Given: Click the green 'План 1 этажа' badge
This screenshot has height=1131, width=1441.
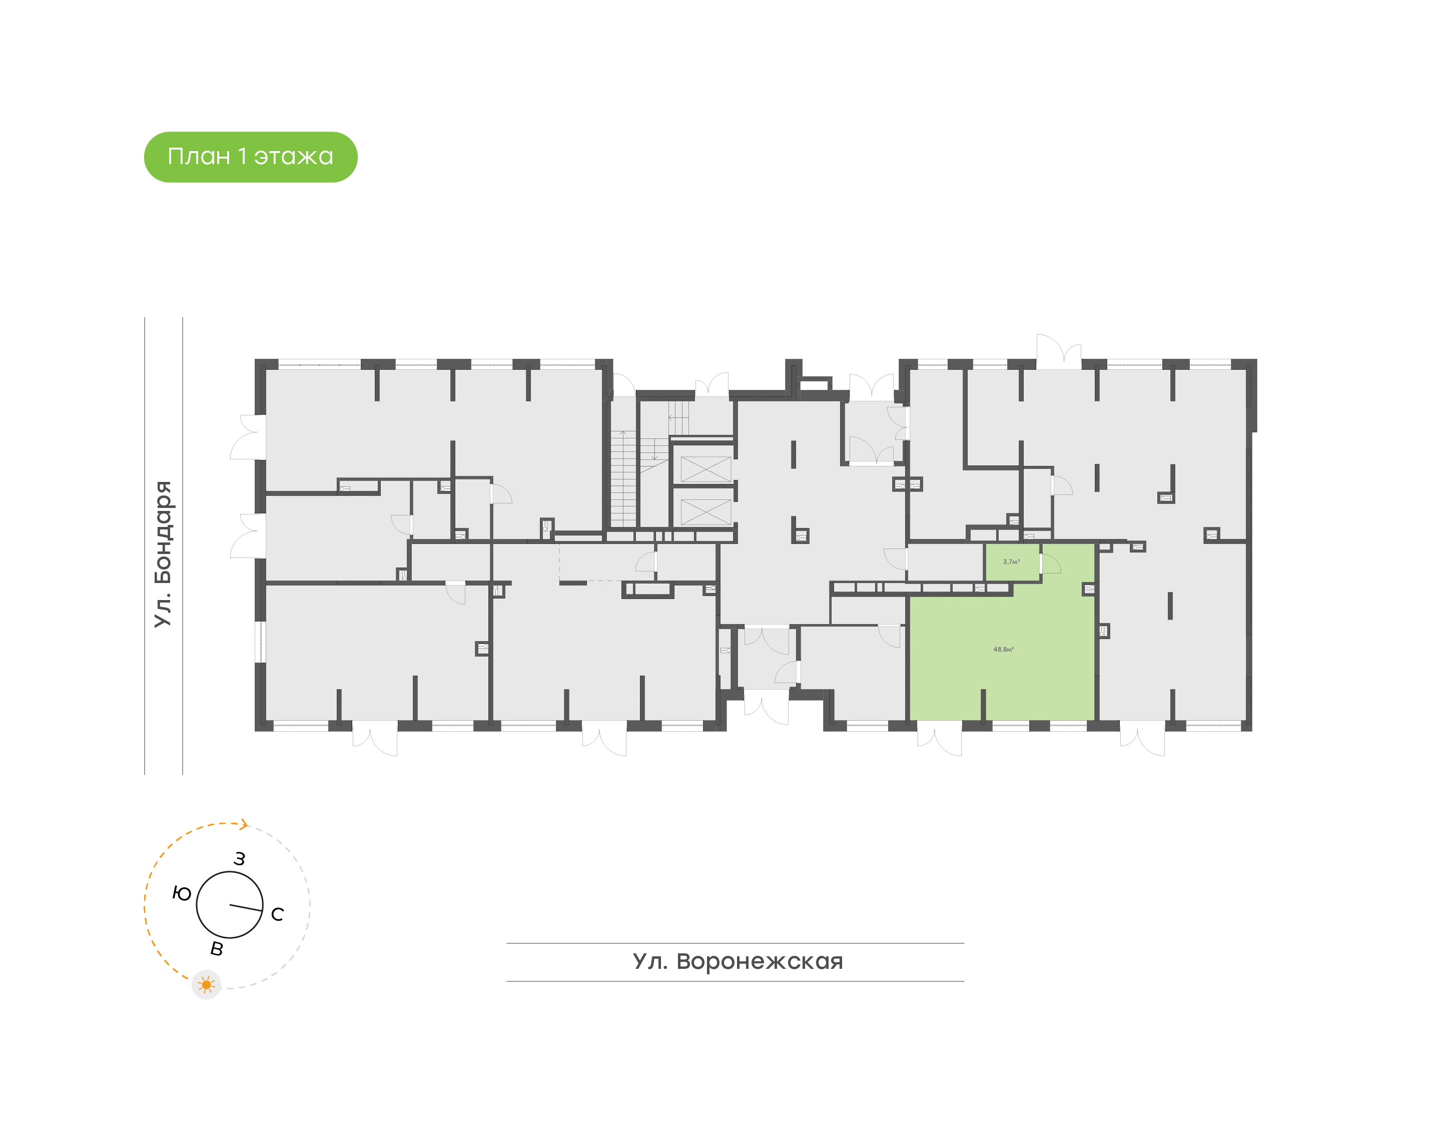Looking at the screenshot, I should click(250, 157).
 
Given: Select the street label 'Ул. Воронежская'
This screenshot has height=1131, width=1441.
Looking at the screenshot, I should click(738, 961).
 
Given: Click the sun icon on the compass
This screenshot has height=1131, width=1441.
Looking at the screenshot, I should click(207, 985).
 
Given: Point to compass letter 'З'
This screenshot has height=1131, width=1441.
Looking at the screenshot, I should click(240, 859).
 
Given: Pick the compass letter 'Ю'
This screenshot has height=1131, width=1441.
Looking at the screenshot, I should click(181, 894).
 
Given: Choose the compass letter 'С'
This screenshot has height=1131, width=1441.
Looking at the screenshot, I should click(277, 914).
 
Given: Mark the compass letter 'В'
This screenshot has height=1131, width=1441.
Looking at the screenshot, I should click(217, 949).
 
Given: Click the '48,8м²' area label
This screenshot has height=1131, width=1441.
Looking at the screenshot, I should click(1003, 649).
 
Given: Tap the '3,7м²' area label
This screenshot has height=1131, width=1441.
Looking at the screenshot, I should click(1011, 561).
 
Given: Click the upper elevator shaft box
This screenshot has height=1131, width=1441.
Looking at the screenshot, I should click(705, 469).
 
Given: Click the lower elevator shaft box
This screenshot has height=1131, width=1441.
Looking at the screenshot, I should click(705, 512).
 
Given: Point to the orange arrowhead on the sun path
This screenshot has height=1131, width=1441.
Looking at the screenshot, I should click(244, 824).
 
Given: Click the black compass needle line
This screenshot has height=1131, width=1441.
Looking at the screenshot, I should click(246, 908).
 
